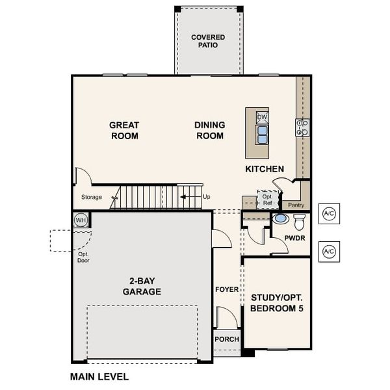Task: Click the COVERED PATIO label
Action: [x=208, y=42]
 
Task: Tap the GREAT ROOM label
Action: [x=123, y=131]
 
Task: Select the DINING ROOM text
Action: [x=209, y=131]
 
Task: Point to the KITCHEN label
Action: [x=264, y=169]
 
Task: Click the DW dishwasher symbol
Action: [x=262, y=117]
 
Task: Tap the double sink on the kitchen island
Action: [x=262, y=134]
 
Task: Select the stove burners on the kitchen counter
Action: [x=302, y=127]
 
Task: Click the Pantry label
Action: [x=296, y=205]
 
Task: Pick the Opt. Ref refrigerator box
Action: [x=267, y=199]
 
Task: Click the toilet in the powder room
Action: [x=299, y=222]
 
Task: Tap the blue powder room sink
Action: [x=281, y=218]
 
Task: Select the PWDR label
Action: [x=294, y=238]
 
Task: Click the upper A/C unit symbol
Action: [x=329, y=214]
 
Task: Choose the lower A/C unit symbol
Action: [x=329, y=251]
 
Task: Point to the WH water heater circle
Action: [x=81, y=220]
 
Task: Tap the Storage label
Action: [x=91, y=197]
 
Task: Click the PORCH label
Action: [x=227, y=339]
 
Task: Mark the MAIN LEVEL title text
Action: [x=99, y=376]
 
